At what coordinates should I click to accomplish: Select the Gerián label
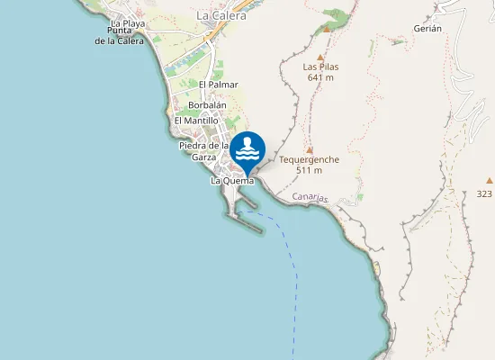click(427, 29)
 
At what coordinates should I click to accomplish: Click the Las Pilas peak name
click(320, 66)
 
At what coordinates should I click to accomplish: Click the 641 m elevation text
click(320, 77)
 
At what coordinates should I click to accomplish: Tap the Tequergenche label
click(309, 159)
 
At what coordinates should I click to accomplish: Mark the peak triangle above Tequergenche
click(309, 149)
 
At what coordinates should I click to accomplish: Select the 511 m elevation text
click(309, 170)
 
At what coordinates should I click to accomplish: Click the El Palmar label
click(218, 84)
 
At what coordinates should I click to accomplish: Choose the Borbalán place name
click(207, 105)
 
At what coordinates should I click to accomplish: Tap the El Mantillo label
click(196, 121)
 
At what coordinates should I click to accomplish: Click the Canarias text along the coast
click(310, 197)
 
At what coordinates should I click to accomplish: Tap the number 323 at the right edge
click(484, 193)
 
